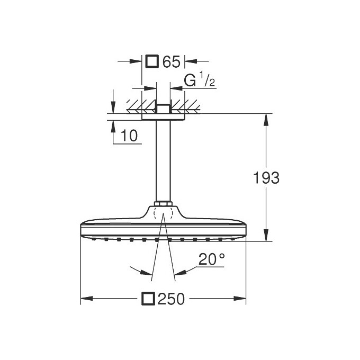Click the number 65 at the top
(x=172, y=61)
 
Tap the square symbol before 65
(x=152, y=61)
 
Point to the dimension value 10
(x=128, y=136)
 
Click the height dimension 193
(x=264, y=178)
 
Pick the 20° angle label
(x=211, y=259)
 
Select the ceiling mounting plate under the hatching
(x=163, y=116)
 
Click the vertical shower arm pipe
(x=163, y=159)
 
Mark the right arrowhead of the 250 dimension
(x=242, y=299)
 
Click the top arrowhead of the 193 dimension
(x=265, y=117)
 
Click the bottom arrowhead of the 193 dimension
(x=265, y=238)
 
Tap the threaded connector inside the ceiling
(x=163, y=109)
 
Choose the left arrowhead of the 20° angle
(x=148, y=273)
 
